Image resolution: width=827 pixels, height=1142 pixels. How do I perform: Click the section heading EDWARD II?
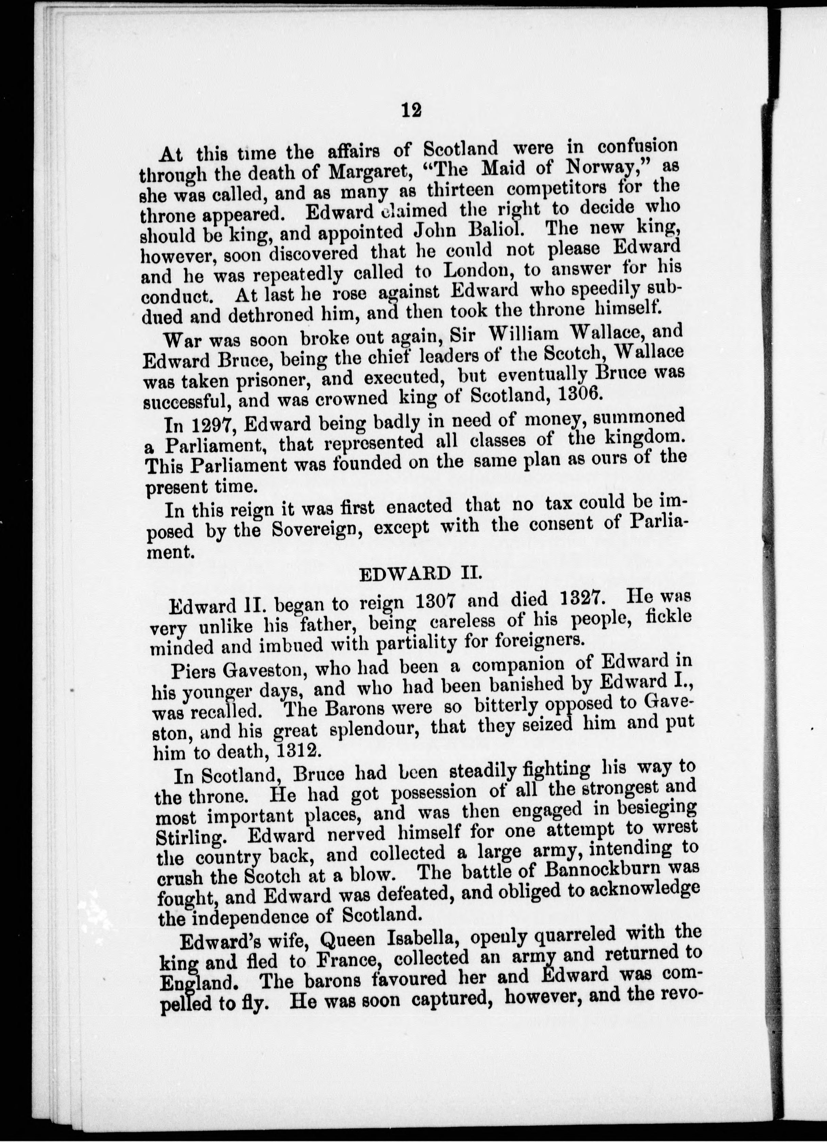pos(421,574)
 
